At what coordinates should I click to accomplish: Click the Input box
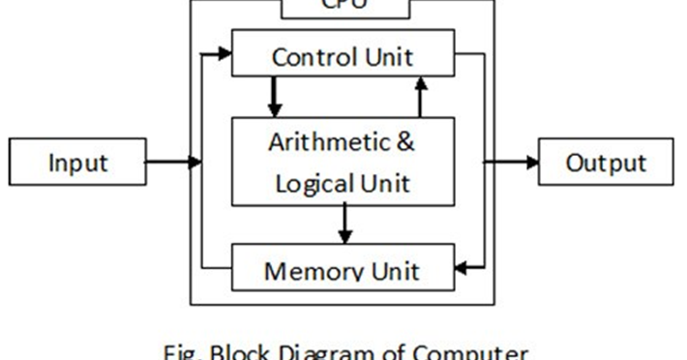[x=77, y=162]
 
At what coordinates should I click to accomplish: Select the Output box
[x=606, y=162]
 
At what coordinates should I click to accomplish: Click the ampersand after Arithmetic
[x=405, y=142]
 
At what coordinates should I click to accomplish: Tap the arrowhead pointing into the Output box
[x=531, y=162]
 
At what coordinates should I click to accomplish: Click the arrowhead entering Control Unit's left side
[x=225, y=54]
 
